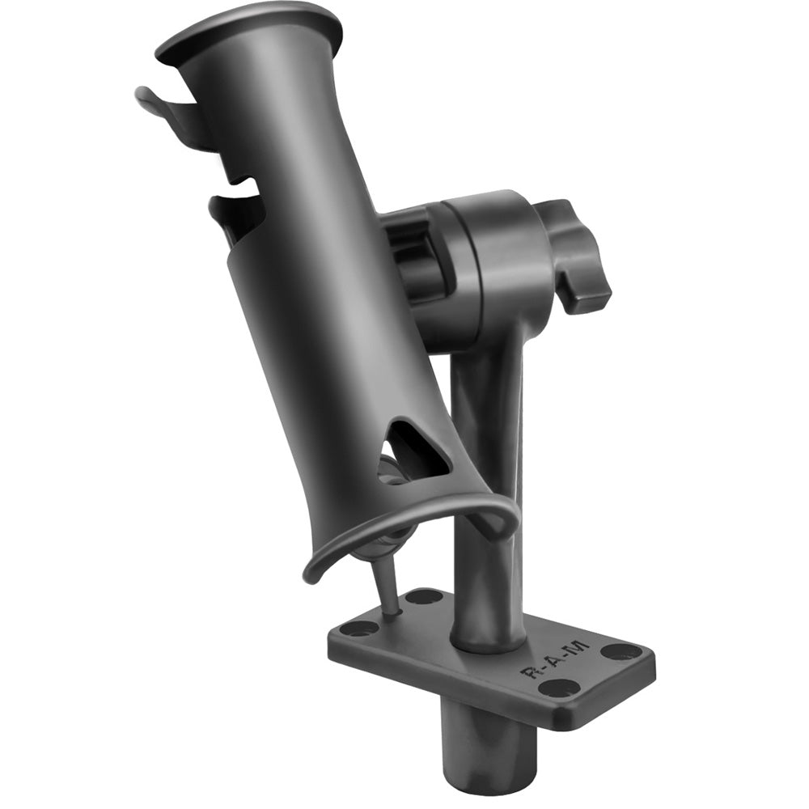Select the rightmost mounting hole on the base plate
pyautogui.click(x=621, y=651)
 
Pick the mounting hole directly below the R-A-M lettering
pyautogui.click(x=559, y=688)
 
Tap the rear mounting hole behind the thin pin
pyautogui.click(x=423, y=597)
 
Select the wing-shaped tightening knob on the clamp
pyautogui.click(x=576, y=255)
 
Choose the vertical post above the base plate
pyautogui.click(x=485, y=485)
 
